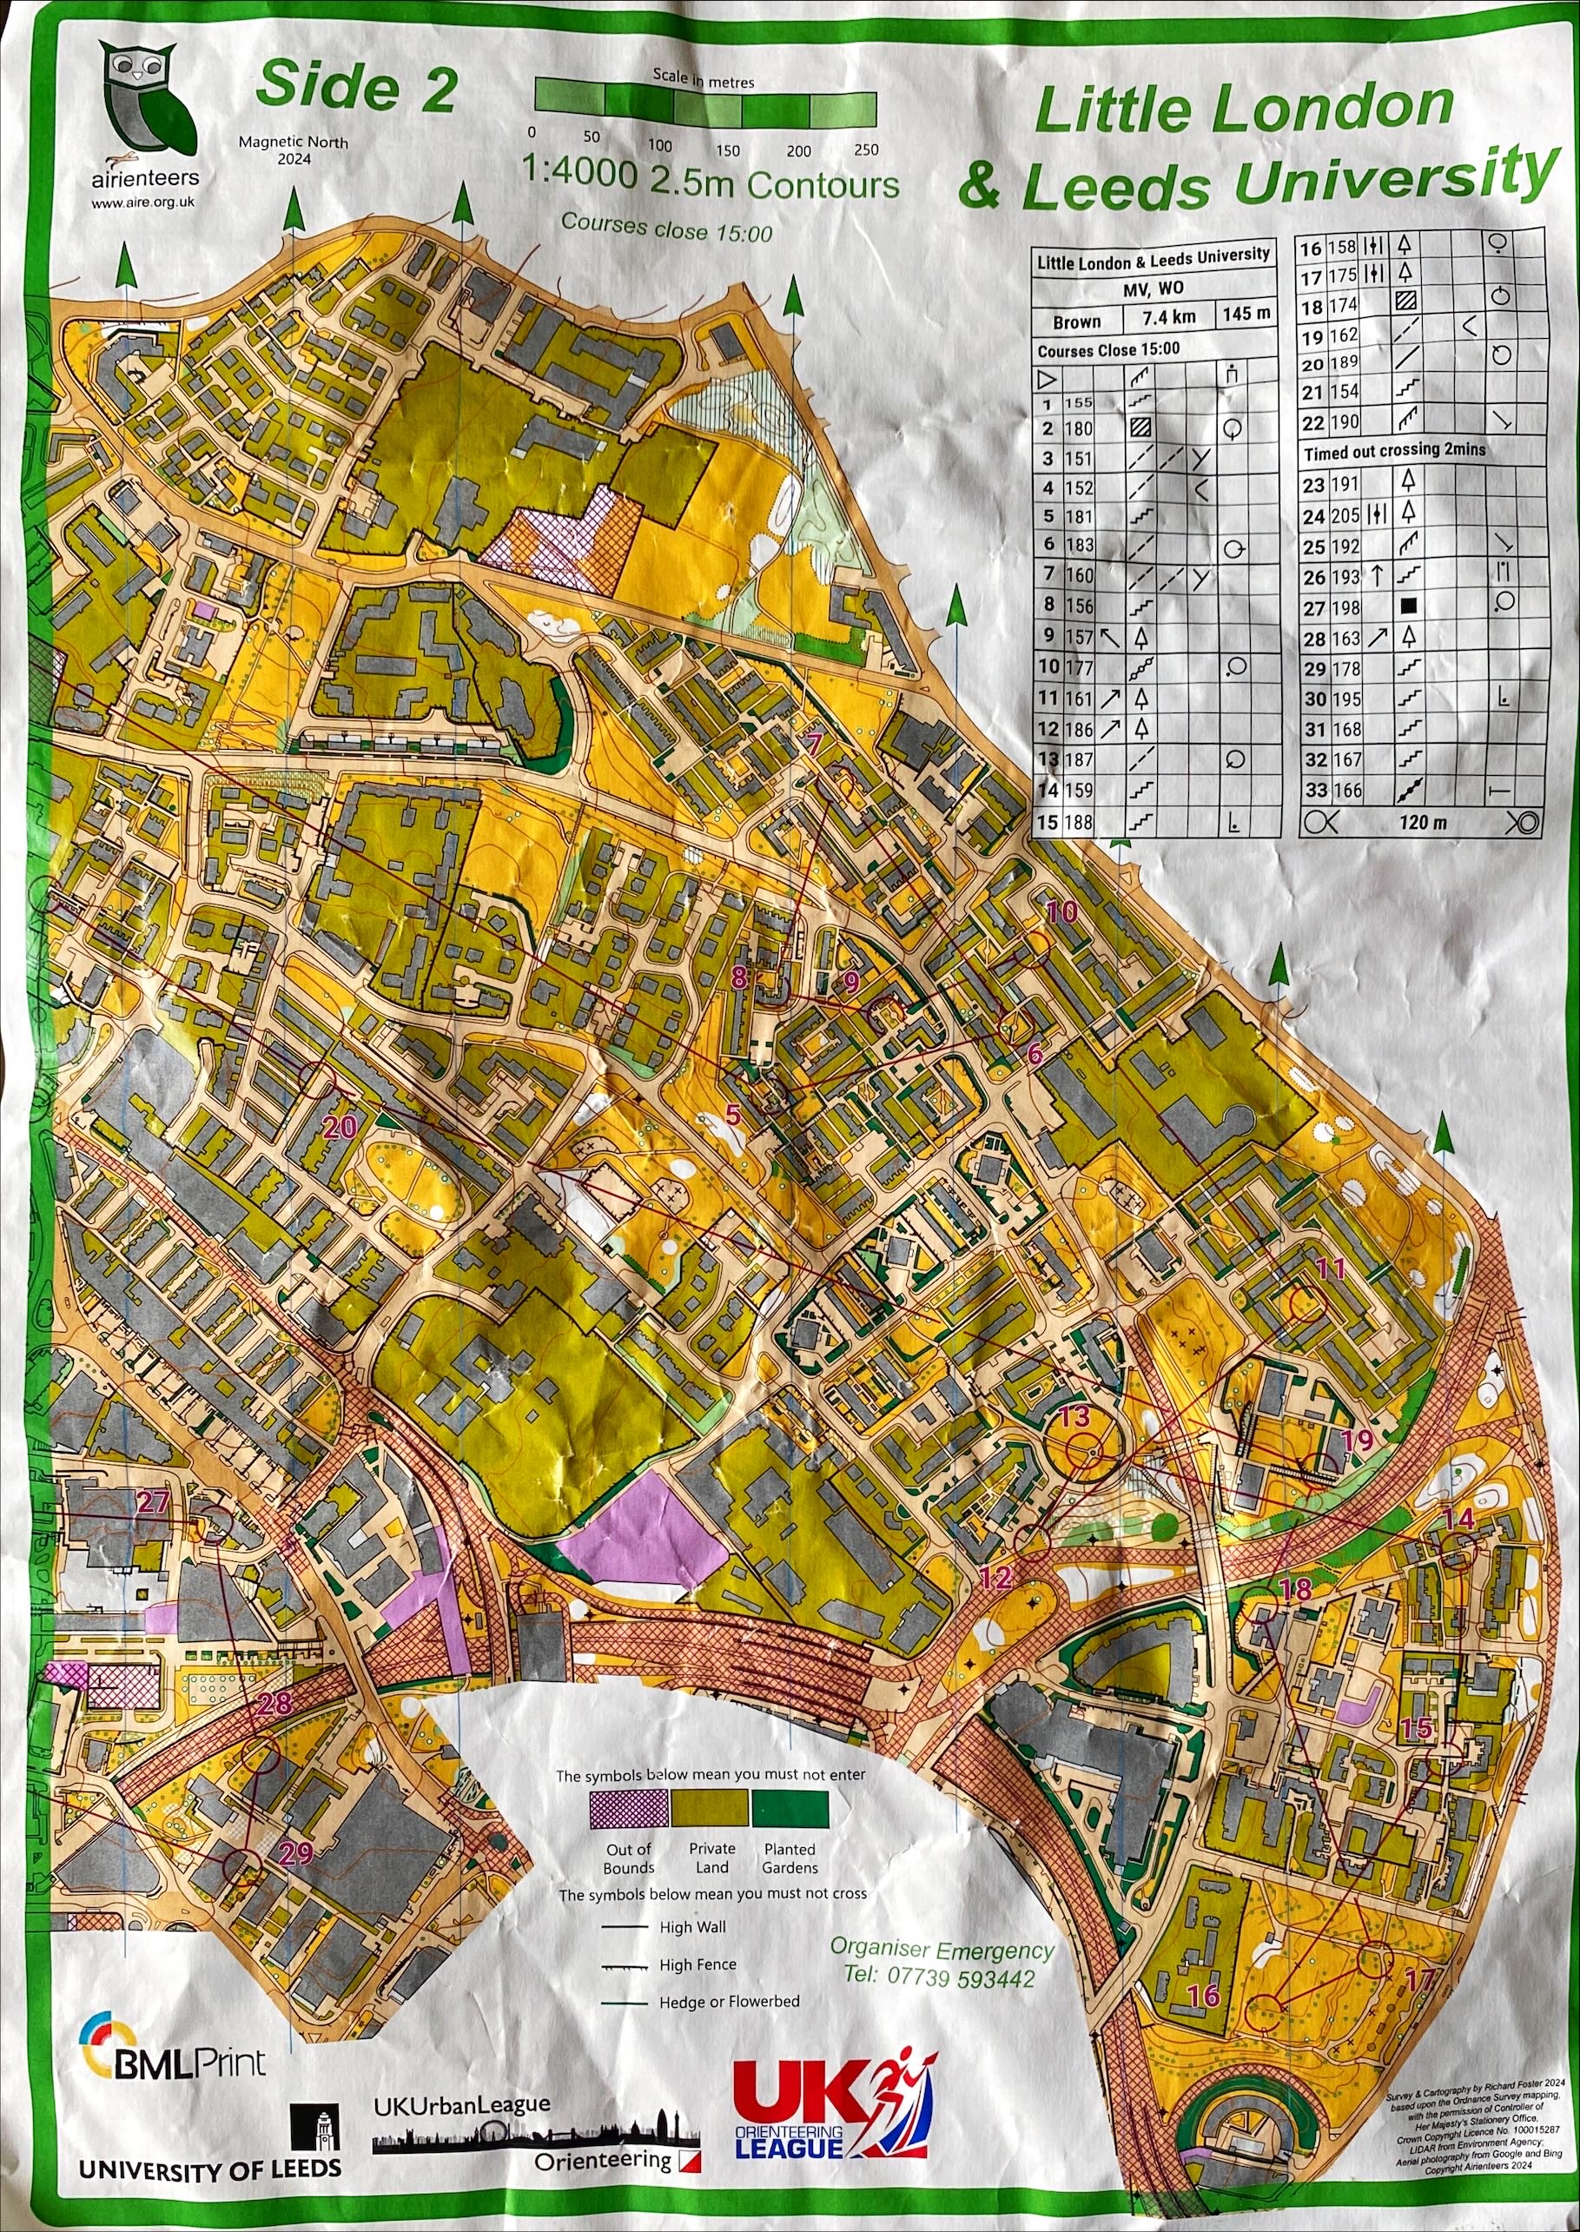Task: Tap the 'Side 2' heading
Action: pyautogui.click(x=355, y=88)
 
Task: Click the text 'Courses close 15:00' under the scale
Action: pyautogui.click(x=666, y=228)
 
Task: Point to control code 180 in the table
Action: pyautogui.click(x=1079, y=428)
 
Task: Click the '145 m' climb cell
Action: pyautogui.click(x=1246, y=315)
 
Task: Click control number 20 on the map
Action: pyautogui.click(x=339, y=1128)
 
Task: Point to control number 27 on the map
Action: pyautogui.click(x=153, y=1501)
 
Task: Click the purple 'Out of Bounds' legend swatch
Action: pyautogui.click(x=630, y=1808)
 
